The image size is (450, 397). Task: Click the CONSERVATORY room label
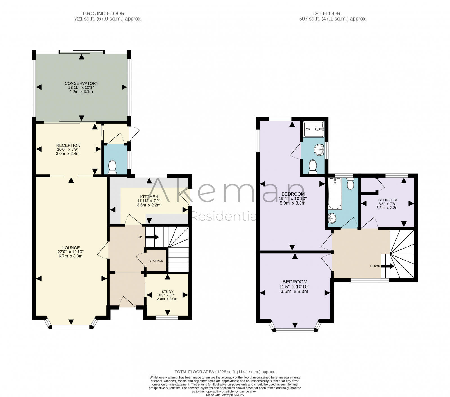(x=81, y=83)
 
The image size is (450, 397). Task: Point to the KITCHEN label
(x=149, y=197)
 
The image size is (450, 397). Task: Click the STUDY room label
(x=167, y=292)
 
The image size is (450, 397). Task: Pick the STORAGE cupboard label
(x=156, y=261)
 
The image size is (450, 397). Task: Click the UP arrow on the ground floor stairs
(x=152, y=237)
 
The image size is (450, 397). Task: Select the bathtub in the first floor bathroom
(x=335, y=194)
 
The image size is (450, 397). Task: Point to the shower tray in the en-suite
(x=314, y=129)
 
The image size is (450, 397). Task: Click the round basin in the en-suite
(x=319, y=149)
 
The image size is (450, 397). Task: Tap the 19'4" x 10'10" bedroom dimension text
(x=293, y=198)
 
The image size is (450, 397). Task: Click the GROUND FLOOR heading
(x=103, y=14)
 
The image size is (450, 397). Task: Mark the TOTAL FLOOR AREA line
(x=225, y=372)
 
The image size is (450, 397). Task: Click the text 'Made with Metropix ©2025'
(x=225, y=395)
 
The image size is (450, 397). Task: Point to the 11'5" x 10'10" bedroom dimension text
(x=294, y=287)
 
